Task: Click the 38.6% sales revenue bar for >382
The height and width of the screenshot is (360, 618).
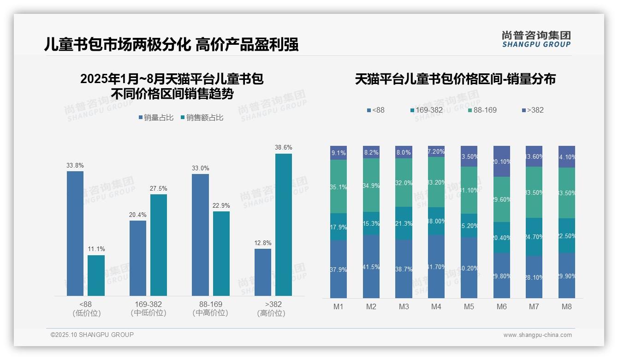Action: (284, 224)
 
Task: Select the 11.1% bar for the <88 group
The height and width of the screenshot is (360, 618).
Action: (96, 275)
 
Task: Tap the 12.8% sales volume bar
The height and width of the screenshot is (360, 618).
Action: (262, 272)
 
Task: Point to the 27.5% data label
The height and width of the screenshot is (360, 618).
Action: (159, 189)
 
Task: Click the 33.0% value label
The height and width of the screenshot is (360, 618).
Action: (200, 168)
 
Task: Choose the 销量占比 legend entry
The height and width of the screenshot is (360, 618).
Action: (156, 118)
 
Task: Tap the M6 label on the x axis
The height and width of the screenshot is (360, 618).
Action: (502, 306)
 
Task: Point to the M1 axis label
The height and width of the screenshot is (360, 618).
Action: (338, 306)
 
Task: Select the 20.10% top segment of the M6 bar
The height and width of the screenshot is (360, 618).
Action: (502, 161)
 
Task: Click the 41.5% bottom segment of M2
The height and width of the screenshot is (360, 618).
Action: (371, 266)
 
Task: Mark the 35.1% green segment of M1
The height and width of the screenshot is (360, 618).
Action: (338, 186)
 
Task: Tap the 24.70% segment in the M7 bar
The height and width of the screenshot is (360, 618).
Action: (534, 237)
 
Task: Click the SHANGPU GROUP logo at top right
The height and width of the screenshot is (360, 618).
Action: (536, 39)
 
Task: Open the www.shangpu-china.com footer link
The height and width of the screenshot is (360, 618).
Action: (537, 335)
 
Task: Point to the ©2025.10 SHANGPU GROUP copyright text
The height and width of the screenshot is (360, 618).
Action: (92, 335)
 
